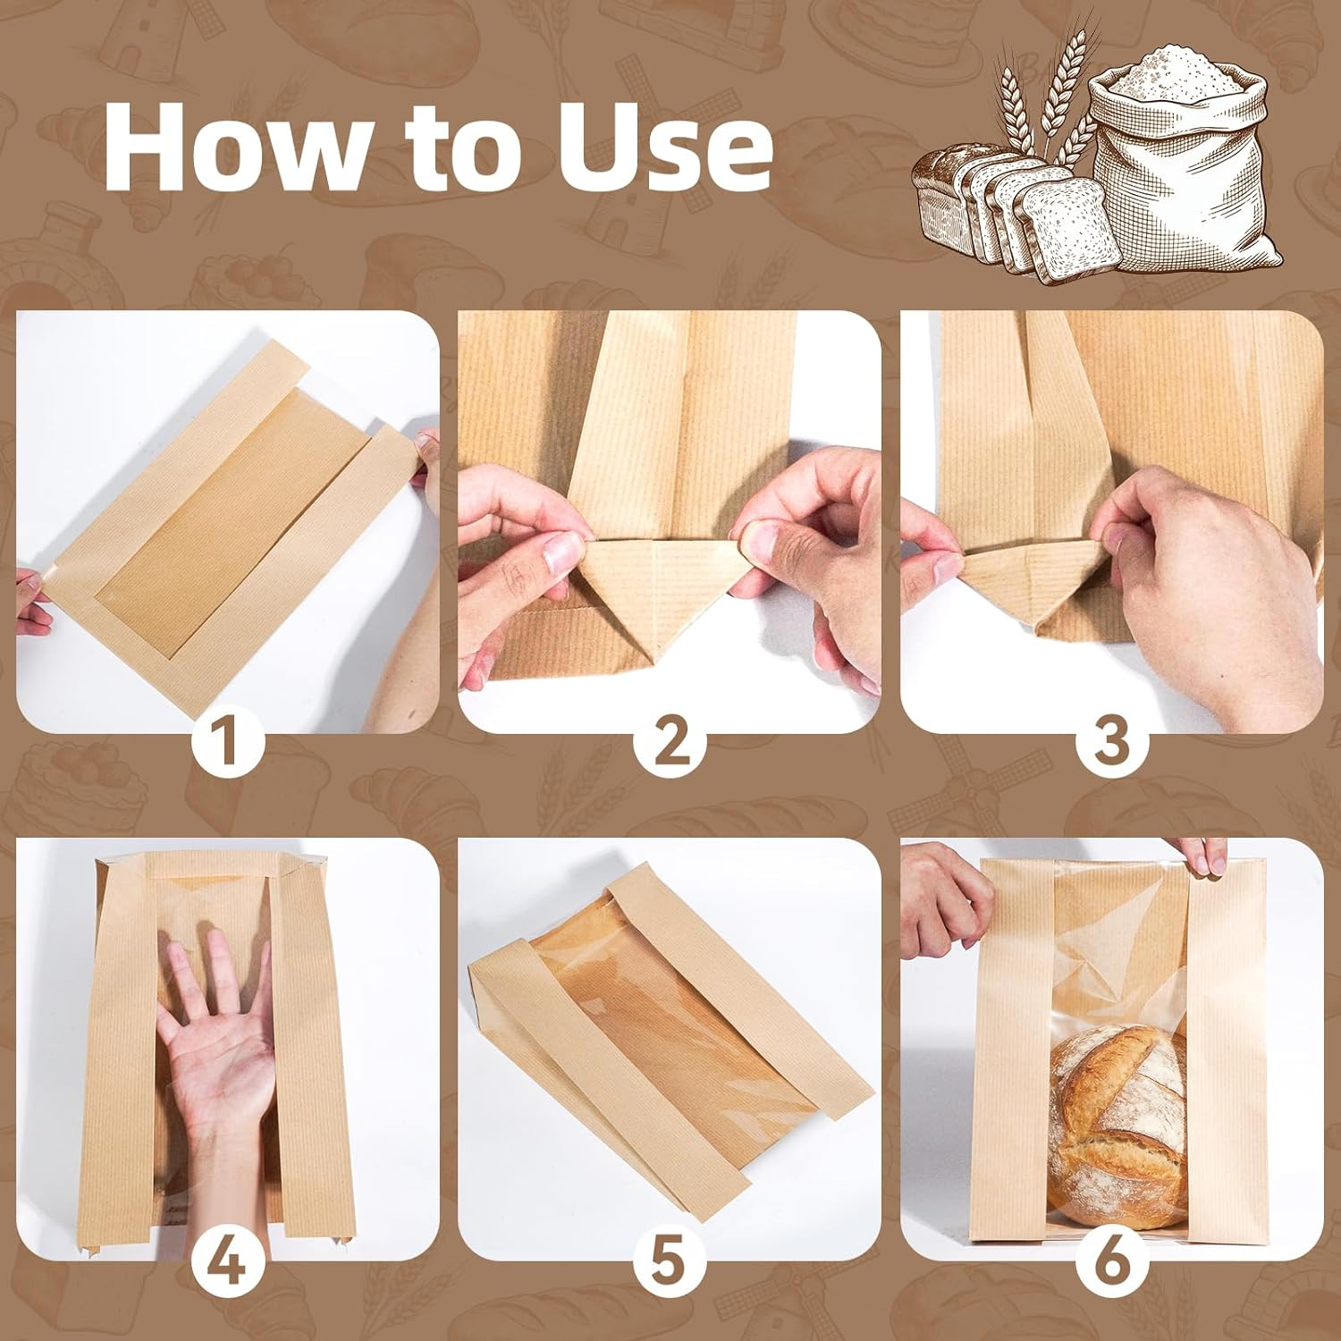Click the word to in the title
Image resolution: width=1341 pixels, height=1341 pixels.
click(447, 148)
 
